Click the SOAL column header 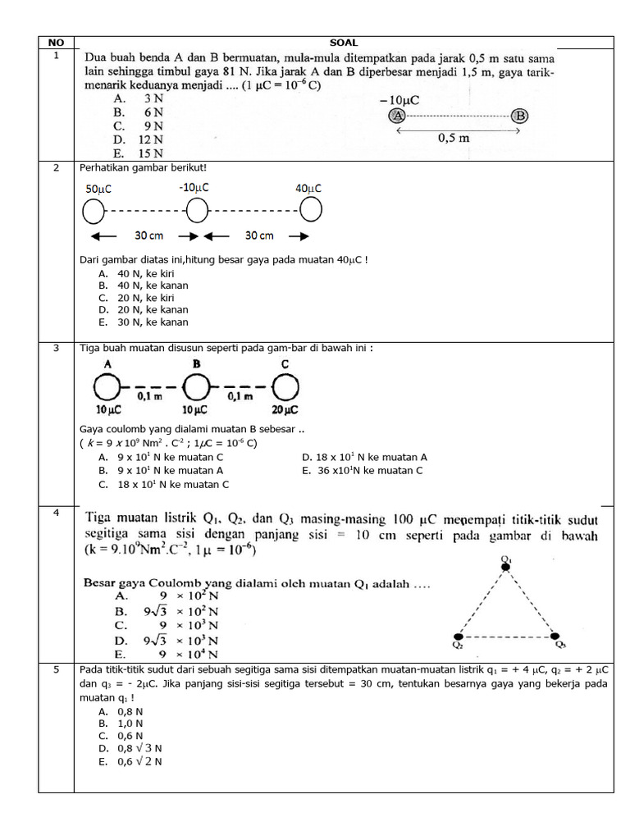(x=343, y=43)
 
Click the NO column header (x=56, y=43)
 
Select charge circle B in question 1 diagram (x=519, y=116)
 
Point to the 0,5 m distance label (x=454, y=138)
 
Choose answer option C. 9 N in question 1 (x=139, y=126)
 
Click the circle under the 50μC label (x=94, y=212)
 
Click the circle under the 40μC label (x=309, y=211)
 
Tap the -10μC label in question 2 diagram (x=194, y=188)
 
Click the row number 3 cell (x=56, y=348)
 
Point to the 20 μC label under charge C (x=285, y=409)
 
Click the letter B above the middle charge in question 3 (x=196, y=363)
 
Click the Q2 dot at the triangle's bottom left (x=458, y=637)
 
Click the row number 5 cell (x=56, y=669)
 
